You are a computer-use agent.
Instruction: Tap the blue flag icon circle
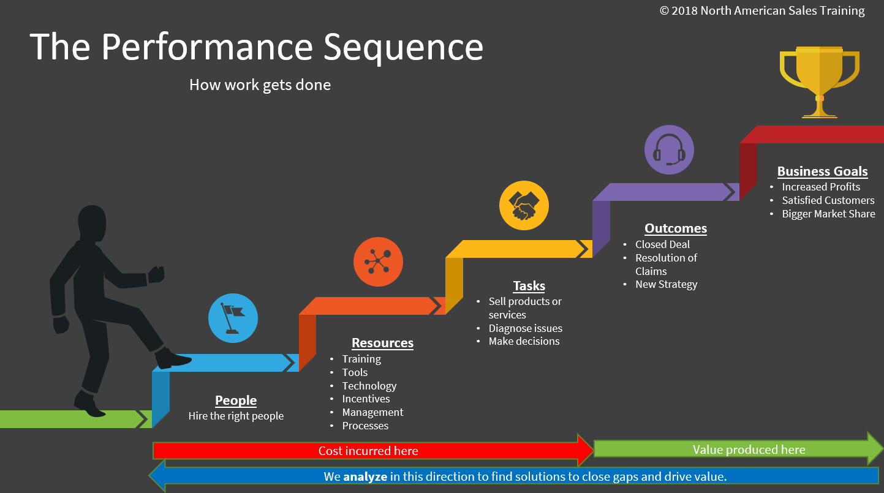(233, 318)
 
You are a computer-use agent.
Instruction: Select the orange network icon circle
(378, 262)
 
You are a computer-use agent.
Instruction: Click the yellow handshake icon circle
(524, 205)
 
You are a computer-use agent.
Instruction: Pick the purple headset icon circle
(669, 149)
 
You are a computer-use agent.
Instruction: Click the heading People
(236, 401)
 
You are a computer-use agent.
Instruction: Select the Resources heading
(382, 343)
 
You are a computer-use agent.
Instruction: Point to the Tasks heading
(529, 285)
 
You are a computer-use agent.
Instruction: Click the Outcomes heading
(676, 228)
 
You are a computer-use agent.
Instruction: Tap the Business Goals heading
(823, 171)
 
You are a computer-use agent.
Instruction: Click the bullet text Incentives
(366, 399)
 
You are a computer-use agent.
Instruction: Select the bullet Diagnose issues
(525, 328)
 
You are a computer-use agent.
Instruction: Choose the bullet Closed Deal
(663, 244)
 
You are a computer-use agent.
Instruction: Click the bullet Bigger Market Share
(828, 214)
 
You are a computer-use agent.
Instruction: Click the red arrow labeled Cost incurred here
(373, 450)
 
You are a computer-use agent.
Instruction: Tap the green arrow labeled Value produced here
(738, 449)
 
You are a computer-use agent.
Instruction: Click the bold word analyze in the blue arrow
(365, 476)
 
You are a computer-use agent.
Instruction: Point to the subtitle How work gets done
(260, 85)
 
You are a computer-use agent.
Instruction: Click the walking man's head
(92, 223)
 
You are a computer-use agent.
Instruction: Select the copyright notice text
(762, 10)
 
